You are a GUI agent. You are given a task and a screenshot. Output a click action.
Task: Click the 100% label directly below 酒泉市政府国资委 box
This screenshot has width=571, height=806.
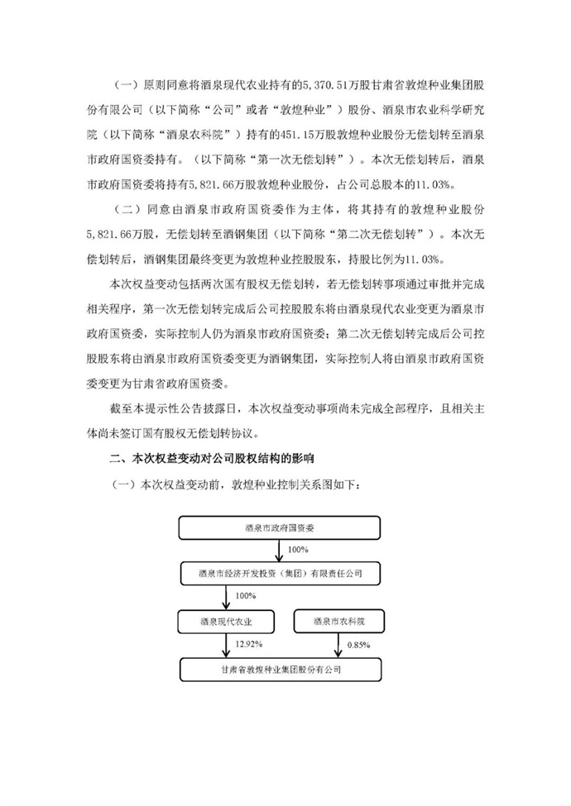[295, 549]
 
